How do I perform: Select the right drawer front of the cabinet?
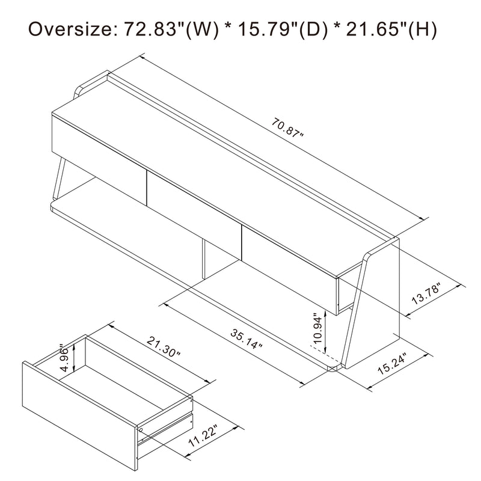289,253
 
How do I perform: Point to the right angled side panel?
373,301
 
